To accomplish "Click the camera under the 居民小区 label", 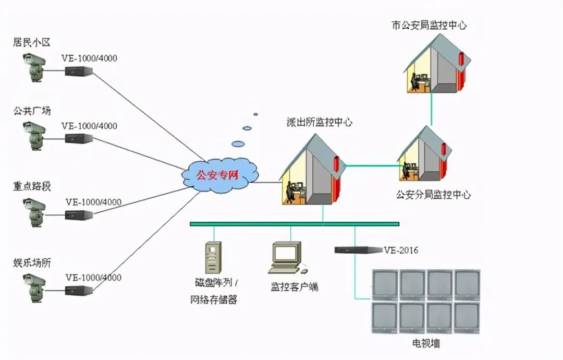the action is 34,67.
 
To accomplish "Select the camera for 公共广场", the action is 34,136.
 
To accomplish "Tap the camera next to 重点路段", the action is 34,213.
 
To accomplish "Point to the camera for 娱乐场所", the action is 34,288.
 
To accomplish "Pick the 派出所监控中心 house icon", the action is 312,170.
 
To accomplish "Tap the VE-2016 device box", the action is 358,250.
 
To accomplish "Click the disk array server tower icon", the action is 213,258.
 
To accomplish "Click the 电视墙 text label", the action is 426,343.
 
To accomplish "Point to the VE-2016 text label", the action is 401,250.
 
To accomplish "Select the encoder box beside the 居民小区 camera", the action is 79,71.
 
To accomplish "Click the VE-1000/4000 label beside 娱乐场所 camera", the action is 93,278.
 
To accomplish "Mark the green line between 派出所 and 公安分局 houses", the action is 373,166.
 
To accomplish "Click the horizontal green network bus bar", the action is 295,224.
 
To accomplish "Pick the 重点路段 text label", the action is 32,186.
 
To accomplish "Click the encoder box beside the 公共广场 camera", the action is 79,139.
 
